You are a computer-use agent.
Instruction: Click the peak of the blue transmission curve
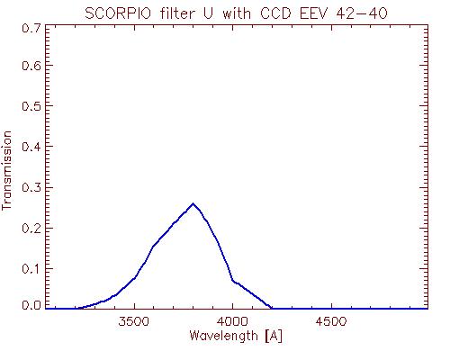coord(193,203)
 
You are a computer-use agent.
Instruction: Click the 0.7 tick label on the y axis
coord(31,29)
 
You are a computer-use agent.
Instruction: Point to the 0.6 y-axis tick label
coord(31,66)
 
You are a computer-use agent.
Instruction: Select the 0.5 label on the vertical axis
coord(31,105)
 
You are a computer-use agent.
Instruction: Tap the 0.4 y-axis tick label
coord(31,147)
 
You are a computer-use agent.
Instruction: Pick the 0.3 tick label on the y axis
coord(31,187)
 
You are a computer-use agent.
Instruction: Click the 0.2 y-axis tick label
coord(31,228)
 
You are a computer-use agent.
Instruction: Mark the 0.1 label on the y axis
coord(31,268)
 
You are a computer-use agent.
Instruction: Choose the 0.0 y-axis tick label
coord(31,305)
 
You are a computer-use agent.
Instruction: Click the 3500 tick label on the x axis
coord(134,321)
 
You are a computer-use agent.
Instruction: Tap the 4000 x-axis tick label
coord(232,321)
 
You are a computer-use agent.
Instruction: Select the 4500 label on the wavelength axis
coord(331,321)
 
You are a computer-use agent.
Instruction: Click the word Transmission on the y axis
coord(6,170)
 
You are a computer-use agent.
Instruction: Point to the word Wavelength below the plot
coord(224,336)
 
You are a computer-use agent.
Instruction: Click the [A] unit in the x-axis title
coord(274,337)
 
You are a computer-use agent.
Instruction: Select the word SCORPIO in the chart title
coord(118,13)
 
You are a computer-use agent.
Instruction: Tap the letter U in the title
coord(208,13)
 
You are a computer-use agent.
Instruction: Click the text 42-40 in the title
coord(362,13)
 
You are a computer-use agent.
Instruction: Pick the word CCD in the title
coord(275,13)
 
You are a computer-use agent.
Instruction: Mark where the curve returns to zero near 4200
coord(271,308)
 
